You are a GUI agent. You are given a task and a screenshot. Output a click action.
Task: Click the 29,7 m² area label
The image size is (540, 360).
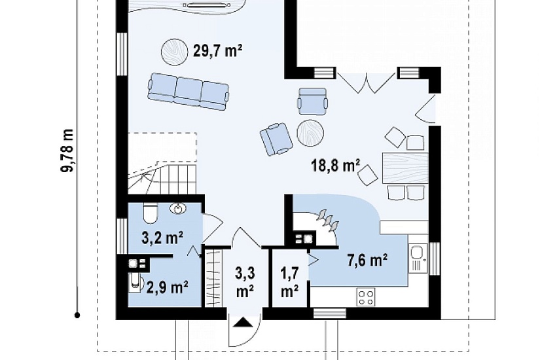pos(217,51)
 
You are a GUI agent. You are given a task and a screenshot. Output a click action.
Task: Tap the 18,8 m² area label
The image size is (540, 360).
pos(336,165)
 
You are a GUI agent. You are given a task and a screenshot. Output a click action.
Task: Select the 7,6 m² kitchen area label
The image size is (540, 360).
pos(367,260)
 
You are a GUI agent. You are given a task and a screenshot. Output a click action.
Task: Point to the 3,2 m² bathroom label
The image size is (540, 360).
pos(162,238)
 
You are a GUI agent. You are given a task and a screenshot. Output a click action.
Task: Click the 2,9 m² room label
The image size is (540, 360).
pos(168,287)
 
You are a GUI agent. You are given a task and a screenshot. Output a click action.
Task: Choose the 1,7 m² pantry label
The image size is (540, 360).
pos(289,282)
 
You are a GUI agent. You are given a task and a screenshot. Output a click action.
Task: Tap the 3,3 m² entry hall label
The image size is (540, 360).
pos(245,282)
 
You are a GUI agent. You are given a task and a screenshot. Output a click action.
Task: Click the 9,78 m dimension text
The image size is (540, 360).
pos(67,150)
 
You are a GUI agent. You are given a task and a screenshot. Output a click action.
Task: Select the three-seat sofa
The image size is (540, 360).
pos(189,91)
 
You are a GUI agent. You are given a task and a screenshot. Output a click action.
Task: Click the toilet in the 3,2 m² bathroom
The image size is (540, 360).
pos(150,213)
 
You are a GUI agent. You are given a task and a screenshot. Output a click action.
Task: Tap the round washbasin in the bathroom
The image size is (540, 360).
pos(178,208)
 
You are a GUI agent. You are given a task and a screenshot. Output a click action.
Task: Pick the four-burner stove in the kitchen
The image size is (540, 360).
pos(366,298)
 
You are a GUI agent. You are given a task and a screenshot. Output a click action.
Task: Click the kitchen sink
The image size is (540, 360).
pos(418,259)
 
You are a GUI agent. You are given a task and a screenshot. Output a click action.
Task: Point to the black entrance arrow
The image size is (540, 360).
pos(244,322)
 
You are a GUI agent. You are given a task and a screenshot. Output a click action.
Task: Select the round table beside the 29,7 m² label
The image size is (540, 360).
pos(175,52)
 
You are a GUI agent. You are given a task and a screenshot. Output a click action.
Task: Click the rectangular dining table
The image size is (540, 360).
pos(405,168)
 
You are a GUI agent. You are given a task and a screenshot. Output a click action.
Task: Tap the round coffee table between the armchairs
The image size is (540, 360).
pos(310,133)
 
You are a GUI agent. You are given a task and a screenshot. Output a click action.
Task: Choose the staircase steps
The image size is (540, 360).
pos(162,179)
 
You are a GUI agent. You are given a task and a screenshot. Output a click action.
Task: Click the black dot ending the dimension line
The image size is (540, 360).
pos(77,315)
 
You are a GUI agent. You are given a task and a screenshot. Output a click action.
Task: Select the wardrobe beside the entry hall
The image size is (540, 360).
pos(213,277)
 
